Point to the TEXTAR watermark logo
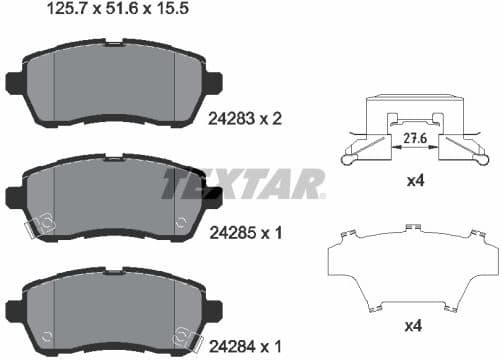pos(245,183)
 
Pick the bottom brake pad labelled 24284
pos(113,305)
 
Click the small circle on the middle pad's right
pos(179,222)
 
